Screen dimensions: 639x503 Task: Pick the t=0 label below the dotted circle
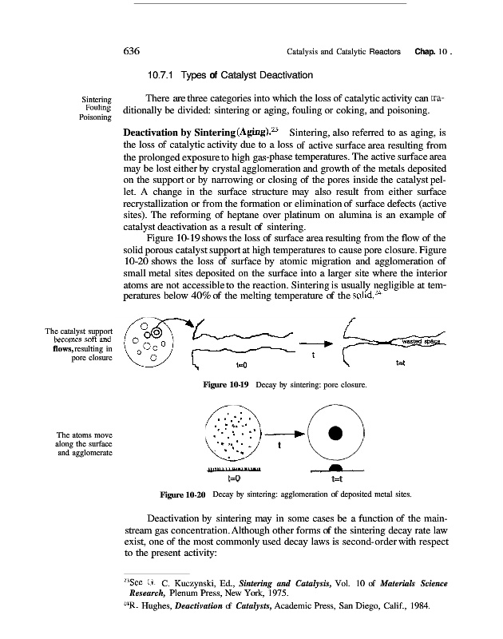coord(235,479)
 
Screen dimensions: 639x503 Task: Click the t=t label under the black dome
coord(335,479)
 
